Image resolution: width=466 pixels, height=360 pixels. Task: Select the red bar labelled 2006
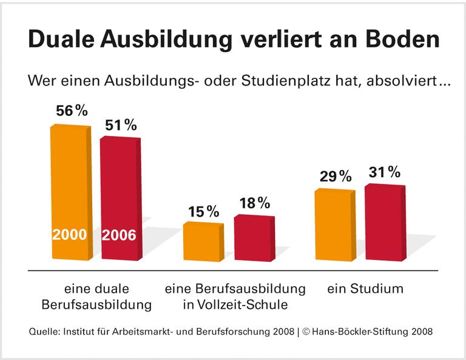[120, 188]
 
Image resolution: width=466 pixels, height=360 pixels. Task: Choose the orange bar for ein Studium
[334, 225]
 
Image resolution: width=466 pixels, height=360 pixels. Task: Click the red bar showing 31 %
[385, 222]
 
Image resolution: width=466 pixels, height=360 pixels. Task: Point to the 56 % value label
[72, 111]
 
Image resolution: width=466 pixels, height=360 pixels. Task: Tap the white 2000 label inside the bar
[69, 235]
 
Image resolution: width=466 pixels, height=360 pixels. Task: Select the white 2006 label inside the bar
[119, 235]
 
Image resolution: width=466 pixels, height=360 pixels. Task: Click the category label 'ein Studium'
[365, 288]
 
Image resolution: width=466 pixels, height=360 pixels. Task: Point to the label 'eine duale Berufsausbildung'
[96, 296]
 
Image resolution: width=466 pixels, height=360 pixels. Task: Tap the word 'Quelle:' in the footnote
[46, 332]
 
